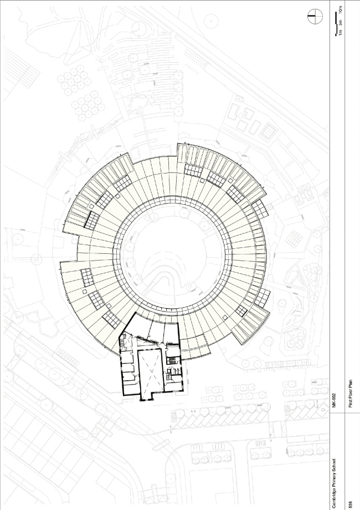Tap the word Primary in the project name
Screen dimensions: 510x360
click(x=335, y=480)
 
